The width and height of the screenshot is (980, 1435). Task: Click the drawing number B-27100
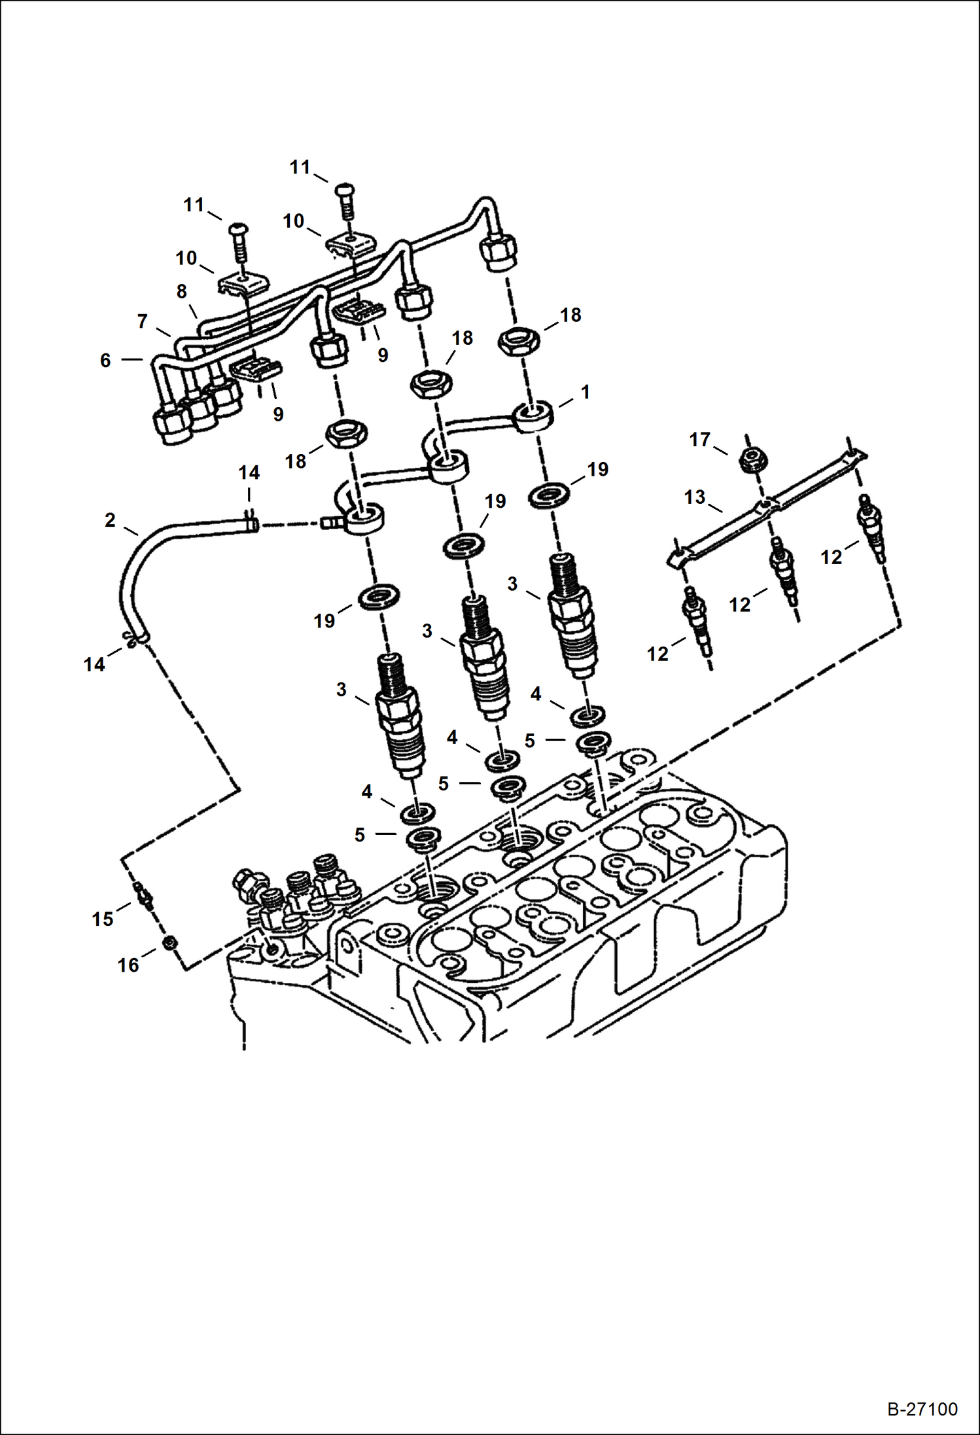coord(922,1409)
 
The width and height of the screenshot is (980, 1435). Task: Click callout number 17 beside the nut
coord(699,440)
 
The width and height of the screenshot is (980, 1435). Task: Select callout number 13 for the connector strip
coord(695,497)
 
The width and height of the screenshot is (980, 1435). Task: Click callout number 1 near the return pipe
coord(586,392)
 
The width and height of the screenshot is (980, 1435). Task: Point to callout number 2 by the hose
coord(110,520)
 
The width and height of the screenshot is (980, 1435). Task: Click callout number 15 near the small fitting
coord(103,919)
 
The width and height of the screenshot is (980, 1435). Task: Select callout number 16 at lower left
coord(128,965)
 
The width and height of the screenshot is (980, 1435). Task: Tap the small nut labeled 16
coord(169,943)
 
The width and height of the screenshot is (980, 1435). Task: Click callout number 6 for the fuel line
coord(105,361)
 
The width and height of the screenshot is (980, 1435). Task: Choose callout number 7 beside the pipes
coord(142,321)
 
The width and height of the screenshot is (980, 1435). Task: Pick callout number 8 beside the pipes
coord(181,291)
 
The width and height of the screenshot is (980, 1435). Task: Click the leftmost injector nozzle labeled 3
coord(400,715)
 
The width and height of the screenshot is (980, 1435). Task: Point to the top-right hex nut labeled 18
coord(519,340)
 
